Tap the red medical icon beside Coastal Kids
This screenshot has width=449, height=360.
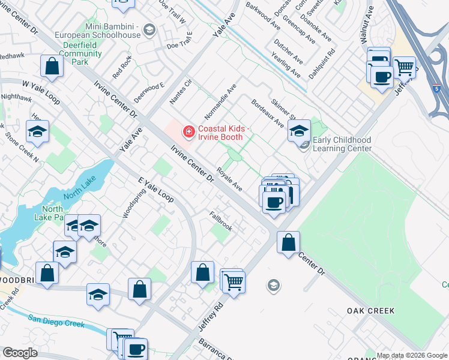tap(188, 130)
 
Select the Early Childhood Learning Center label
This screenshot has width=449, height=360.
tap(342, 144)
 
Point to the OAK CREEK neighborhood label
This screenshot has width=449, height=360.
tap(370, 311)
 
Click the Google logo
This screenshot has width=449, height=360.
tap(19, 353)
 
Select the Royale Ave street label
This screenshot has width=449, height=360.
tap(229, 179)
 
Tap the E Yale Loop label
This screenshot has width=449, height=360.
tap(155, 190)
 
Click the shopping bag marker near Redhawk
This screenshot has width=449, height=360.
tap(52, 66)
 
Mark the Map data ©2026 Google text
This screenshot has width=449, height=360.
tap(412, 355)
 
